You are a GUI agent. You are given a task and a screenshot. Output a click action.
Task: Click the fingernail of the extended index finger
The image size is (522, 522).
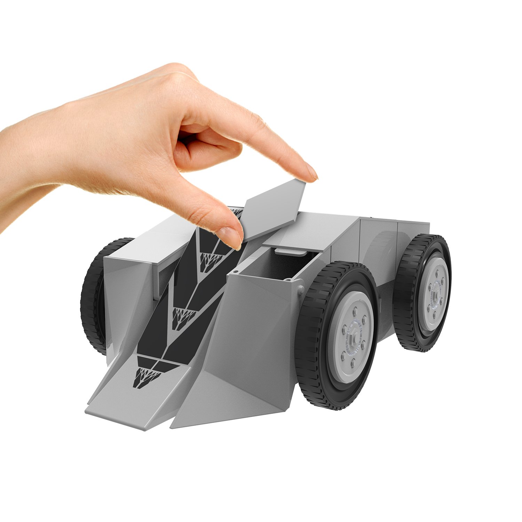[x=312, y=173]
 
